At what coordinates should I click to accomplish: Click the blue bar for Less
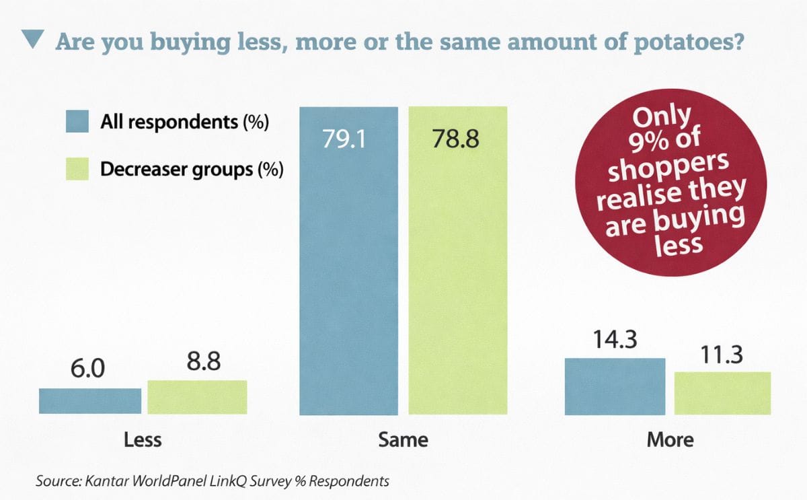point(90,401)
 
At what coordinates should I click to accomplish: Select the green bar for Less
point(197,397)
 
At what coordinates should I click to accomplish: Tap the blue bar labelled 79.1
point(348,269)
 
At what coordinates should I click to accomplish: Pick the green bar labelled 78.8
point(457,269)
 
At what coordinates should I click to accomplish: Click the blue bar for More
point(615,386)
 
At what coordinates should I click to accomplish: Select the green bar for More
point(722,393)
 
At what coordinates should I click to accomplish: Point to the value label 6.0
point(87,370)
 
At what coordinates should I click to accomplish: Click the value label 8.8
point(204,363)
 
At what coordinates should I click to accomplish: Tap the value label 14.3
point(614,341)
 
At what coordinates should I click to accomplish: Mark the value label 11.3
point(722,355)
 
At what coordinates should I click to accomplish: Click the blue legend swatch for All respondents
point(78,122)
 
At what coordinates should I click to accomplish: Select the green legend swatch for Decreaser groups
point(78,168)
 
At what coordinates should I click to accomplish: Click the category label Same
point(403,440)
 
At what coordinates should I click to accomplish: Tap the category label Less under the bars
point(143,440)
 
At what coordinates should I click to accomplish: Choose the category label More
point(670,440)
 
